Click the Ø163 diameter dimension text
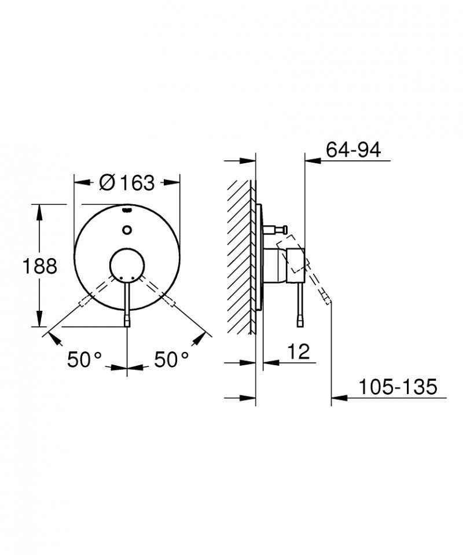[x=127, y=182]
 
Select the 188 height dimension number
[x=40, y=266]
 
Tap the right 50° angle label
[x=171, y=359]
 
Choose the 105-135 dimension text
[x=396, y=387]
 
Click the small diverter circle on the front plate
[x=127, y=230]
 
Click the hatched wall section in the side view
[x=240, y=255]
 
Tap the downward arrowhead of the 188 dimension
[x=40, y=319]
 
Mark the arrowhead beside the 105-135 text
[x=339, y=398]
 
